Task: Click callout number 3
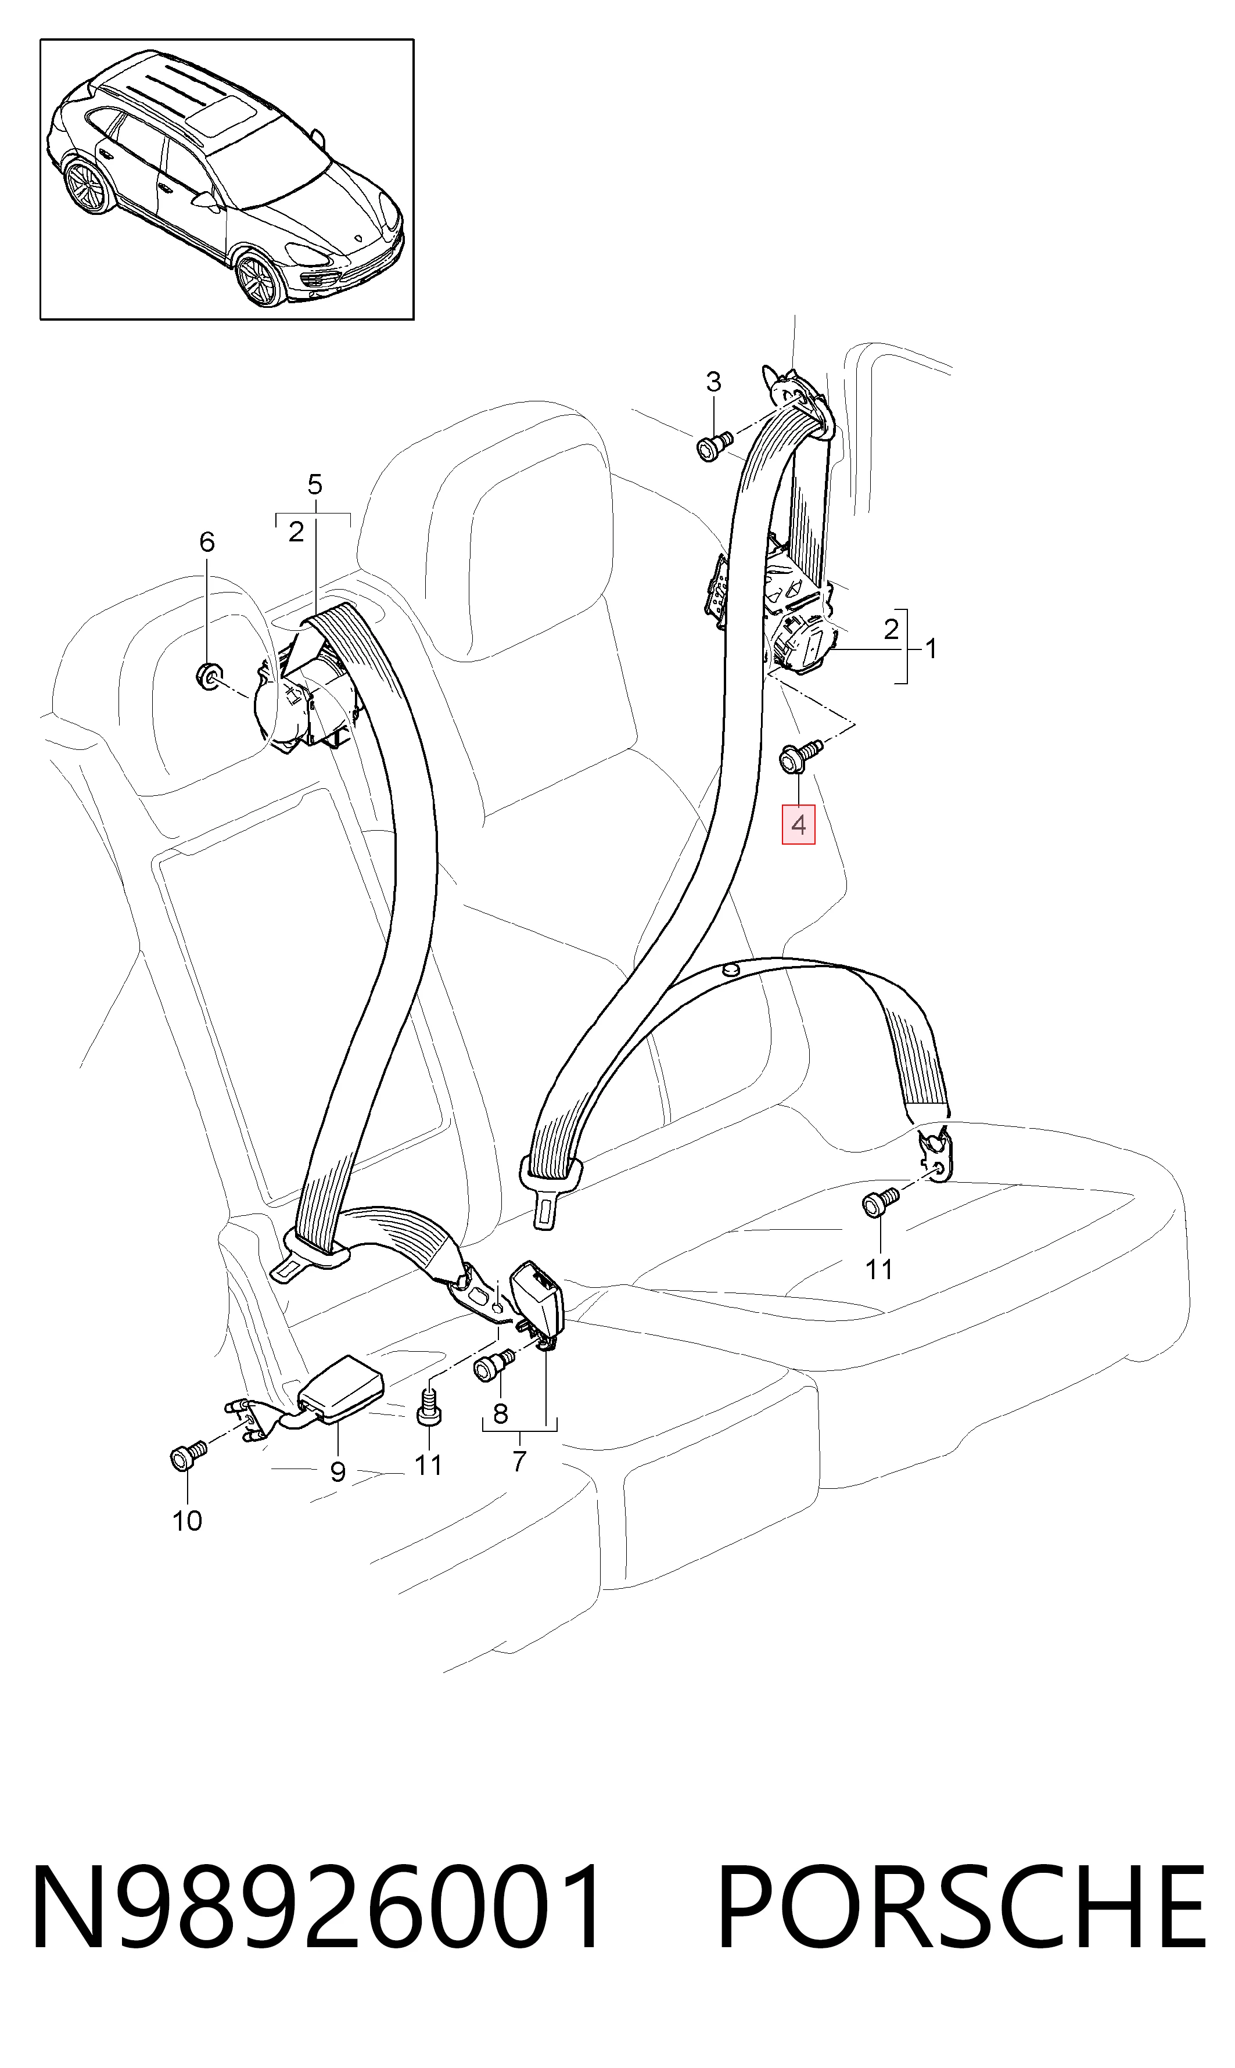pyautogui.click(x=713, y=382)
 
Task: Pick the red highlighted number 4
pyautogui.click(x=798, y=825)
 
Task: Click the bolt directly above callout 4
pyautogui.click(x=799, y=756)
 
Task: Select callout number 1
pyautogui.click(x=931, y=648)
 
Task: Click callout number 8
pyautogui.click(x=500, y=1413)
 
